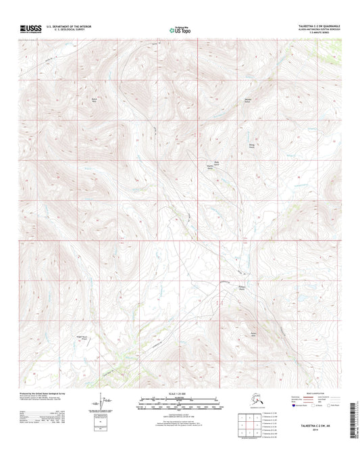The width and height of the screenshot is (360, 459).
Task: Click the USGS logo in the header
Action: point(31,28)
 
